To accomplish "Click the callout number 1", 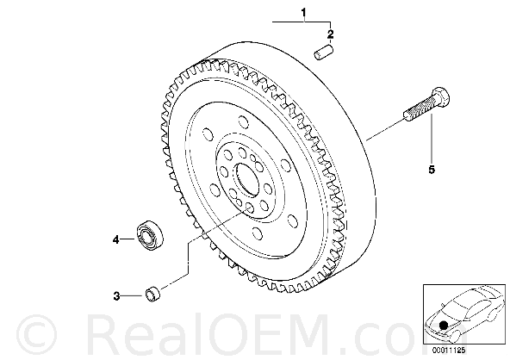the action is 303,13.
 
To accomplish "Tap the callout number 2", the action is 330,34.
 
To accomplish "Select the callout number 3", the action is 116,296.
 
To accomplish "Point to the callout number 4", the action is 116,240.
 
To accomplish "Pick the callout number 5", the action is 432,170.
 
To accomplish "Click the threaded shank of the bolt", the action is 420,109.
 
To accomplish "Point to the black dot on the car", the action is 442,325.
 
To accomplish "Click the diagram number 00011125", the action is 449,351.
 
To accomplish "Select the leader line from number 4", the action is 127,239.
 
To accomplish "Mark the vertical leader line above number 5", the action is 432,138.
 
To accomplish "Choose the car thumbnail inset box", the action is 464,314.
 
